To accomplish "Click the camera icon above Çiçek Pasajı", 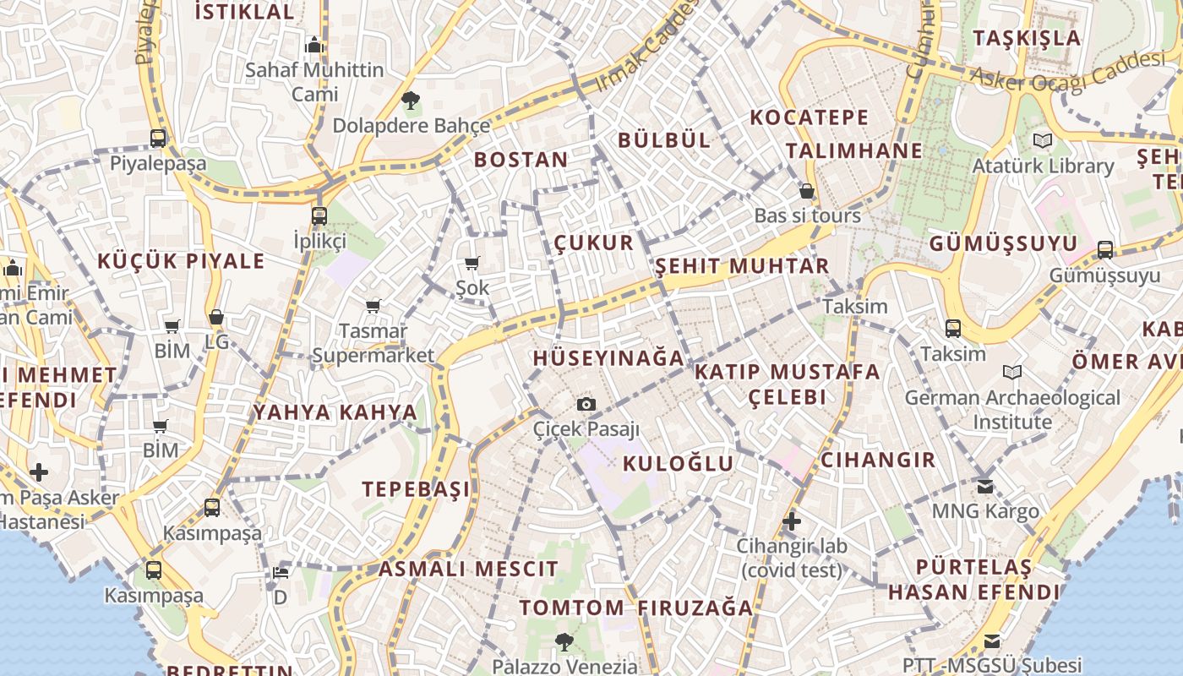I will tap(586, 405).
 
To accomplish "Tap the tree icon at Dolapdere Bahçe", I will tap(411, 101).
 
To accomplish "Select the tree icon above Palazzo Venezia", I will tap(564, 642).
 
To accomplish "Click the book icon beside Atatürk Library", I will tap(1043, 140).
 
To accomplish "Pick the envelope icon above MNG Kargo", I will tap(985, 486).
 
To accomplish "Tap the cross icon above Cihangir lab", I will tap(791, 521).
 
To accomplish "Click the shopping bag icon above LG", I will tap(216, 317).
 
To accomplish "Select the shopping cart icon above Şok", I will tap(472, 264).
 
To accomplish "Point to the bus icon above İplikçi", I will tap(319, 215).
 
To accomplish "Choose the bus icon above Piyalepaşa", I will tap(158, 138).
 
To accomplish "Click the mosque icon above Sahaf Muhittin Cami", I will tap(314, 44).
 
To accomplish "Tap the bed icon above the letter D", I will tap(281, 572).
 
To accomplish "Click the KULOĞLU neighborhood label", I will tap(679, 463).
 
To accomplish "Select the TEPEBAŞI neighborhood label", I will tap(416, 489).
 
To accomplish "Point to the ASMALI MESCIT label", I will tap(468, 569).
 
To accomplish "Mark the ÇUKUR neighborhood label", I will tap(593, 243).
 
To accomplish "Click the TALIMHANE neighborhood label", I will tap(853, 150).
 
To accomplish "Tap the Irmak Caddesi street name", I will tap(646, 46).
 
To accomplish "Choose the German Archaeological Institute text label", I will tap(1012, 409).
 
